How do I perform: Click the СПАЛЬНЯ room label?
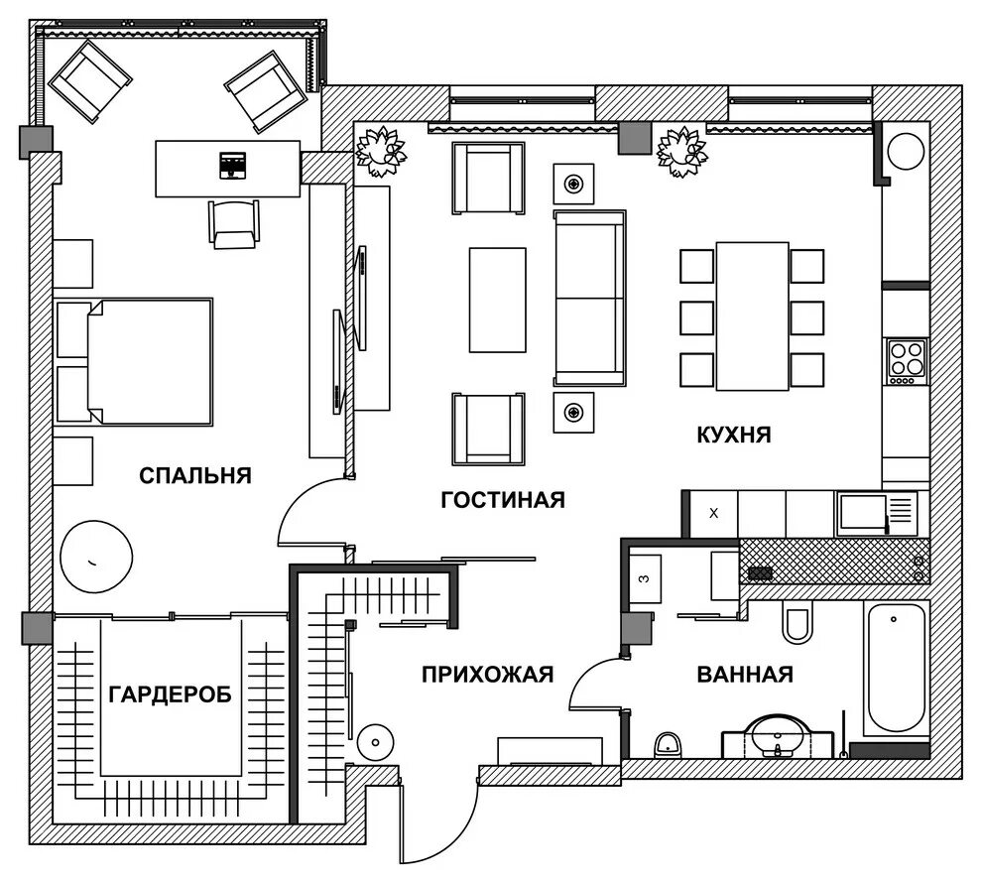(x=194, y=476)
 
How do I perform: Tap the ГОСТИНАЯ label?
(x=503, y=500)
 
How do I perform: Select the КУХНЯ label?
(x=734, y=435)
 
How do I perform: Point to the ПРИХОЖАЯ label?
(x=487, y=675)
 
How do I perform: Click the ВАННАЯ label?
(x=745, y=675)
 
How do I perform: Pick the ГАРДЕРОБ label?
(x=171, y=694)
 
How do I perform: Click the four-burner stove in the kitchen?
(x=907, y=362)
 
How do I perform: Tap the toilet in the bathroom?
(x=798, y=621)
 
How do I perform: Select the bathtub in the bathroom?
(x=894, y=668)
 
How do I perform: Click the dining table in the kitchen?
(x=752, y=316)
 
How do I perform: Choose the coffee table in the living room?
(x=498, y=300)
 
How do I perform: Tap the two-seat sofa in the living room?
(x=589, y=298)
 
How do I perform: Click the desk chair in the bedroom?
(x=234, y=224)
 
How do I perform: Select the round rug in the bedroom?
(x=96, y=557)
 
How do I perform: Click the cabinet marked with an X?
(x=714, y=514)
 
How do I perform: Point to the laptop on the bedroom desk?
(x=232, y=166)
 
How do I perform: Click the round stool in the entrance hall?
(x=375, y=743)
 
